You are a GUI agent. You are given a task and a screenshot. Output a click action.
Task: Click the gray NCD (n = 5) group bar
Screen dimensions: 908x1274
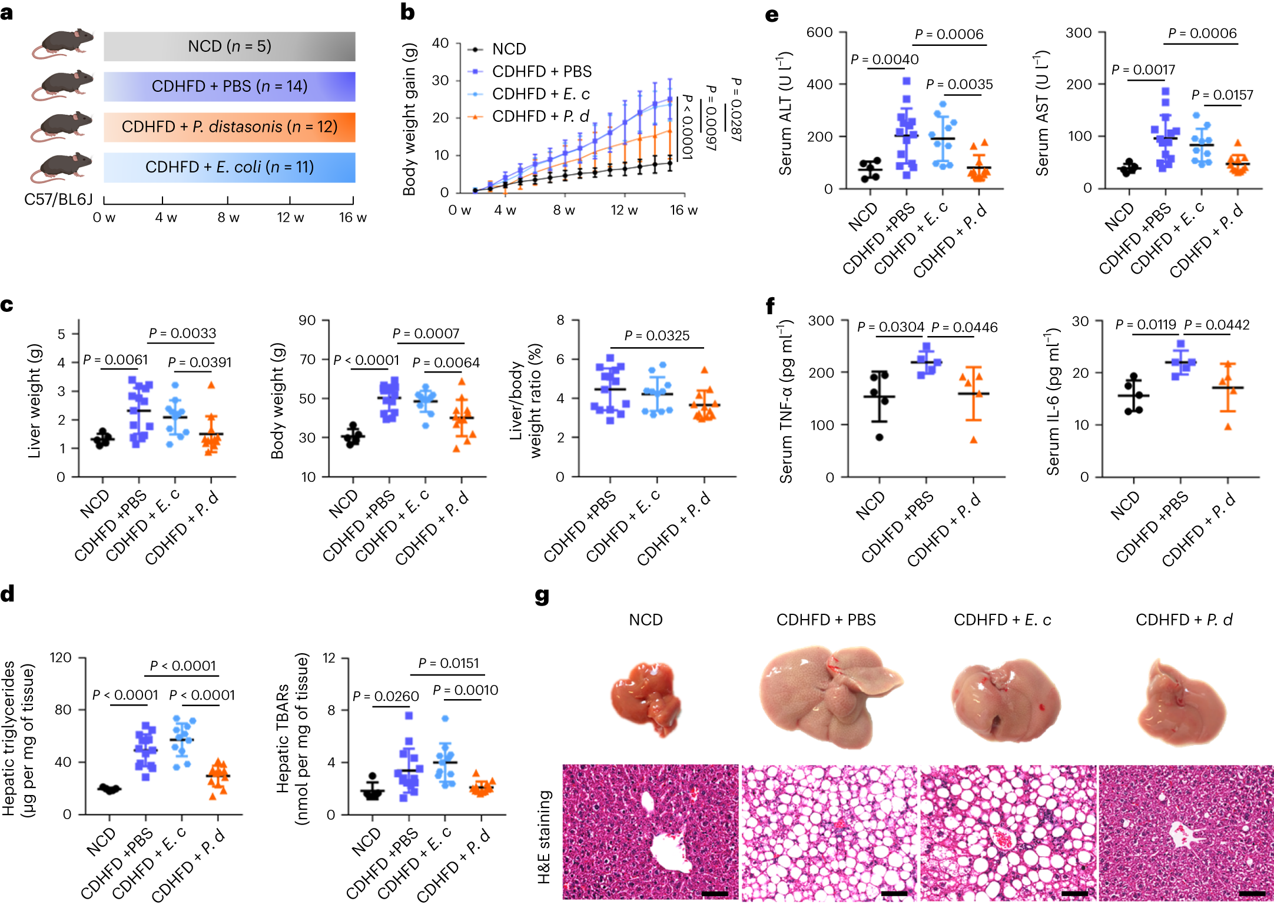point(230,46)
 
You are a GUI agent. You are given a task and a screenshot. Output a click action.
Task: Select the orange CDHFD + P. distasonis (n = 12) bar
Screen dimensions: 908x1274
point(230,127)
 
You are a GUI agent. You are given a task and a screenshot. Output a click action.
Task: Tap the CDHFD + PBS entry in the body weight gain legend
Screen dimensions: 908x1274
point(541,71)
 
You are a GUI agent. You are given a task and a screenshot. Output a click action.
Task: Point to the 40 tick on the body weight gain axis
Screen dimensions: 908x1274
point(440,43)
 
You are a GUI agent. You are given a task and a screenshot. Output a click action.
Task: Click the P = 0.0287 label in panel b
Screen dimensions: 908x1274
point(736,109)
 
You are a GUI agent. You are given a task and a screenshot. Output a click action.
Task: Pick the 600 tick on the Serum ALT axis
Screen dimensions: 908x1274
point(819,32)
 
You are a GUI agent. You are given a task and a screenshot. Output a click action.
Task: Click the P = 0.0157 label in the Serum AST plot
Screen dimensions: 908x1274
point(1222,95)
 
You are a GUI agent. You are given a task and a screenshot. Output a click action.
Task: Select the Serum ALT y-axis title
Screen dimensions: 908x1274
point(785,113)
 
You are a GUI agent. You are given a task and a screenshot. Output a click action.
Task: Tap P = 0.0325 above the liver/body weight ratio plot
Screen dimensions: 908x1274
point(656,335)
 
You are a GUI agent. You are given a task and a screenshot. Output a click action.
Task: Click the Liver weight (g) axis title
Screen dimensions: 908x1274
point(35,401)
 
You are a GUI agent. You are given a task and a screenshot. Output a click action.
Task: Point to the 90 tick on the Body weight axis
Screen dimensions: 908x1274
point(307,320)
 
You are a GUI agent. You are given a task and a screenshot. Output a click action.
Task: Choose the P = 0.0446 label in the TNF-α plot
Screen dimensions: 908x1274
point(964,327)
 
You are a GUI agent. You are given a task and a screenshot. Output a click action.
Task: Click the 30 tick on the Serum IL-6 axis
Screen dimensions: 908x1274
point(1080,321)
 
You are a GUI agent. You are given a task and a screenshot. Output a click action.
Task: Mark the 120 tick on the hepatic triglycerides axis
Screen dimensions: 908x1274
point(61,657)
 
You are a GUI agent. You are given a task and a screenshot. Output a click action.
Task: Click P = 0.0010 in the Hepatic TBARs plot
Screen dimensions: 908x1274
point(465,690)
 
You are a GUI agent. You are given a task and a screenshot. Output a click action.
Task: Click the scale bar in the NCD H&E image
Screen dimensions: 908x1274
point(715,894)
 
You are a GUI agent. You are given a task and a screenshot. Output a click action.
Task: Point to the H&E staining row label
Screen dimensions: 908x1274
point(544,836)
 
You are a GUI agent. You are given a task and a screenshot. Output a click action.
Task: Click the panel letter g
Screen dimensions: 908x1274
point(542,596)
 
